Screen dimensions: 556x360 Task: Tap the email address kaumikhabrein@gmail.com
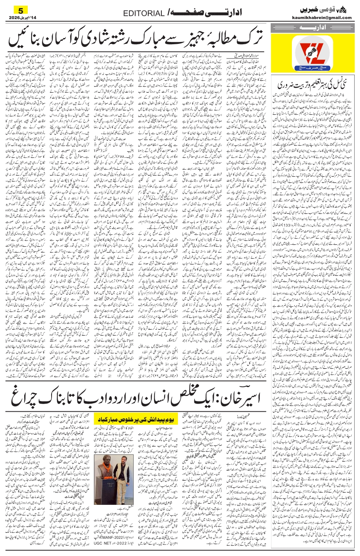327,18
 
